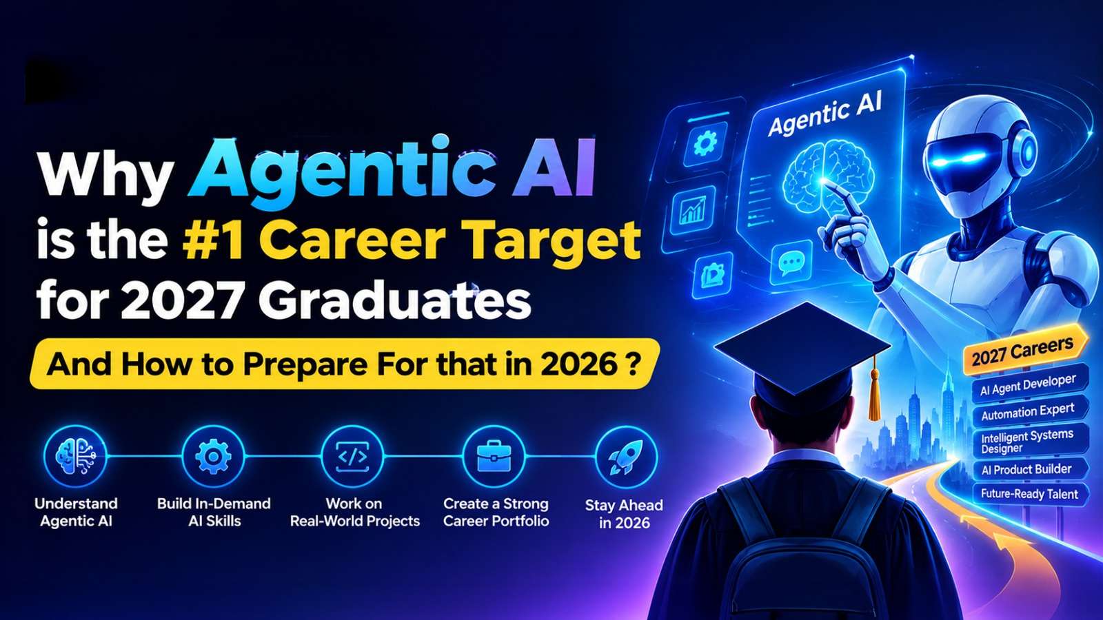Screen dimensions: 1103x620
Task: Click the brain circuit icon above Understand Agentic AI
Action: (75, 457)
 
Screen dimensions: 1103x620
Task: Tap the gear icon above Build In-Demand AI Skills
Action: (213, 457)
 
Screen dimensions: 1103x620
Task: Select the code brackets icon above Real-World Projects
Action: (352, 457)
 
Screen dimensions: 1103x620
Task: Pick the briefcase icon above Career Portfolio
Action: (494, 457)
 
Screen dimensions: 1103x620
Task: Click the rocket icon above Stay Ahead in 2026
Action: (626, 457)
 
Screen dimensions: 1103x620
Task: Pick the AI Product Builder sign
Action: (1030, 469)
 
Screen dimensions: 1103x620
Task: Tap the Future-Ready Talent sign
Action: (1030, 493)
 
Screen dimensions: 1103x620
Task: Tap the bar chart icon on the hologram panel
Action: (694, 211)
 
